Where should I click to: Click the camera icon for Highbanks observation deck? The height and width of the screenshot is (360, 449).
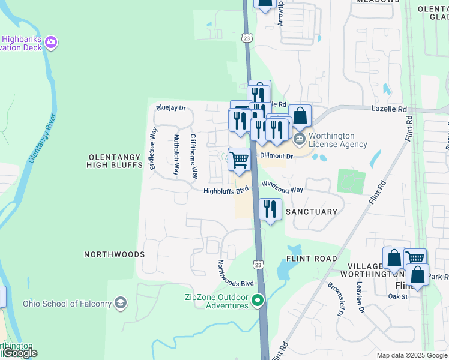pos(51,42)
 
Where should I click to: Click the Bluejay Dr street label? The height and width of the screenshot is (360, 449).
pos(170,109)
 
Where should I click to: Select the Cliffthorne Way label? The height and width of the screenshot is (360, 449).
pos(194,156)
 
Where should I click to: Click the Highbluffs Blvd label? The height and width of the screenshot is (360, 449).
pos(226,191)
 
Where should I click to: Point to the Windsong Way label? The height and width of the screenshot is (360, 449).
pos(283,190)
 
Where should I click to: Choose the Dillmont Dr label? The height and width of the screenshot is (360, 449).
pos(276,156)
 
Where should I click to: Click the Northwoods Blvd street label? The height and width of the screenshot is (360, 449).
pos(236,274)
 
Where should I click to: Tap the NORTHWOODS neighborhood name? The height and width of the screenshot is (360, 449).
pos(114,254)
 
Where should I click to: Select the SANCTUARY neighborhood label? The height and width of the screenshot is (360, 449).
pos(312,212)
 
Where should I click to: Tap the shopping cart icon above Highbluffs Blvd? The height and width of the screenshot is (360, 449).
pos(239,159)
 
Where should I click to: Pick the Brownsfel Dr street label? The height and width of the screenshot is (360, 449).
pos(334,299)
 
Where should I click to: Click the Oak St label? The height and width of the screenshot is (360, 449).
pos(397,296)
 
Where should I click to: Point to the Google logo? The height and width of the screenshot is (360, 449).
pos(19,353)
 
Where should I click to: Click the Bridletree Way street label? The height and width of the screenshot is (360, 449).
pos(154,149)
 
